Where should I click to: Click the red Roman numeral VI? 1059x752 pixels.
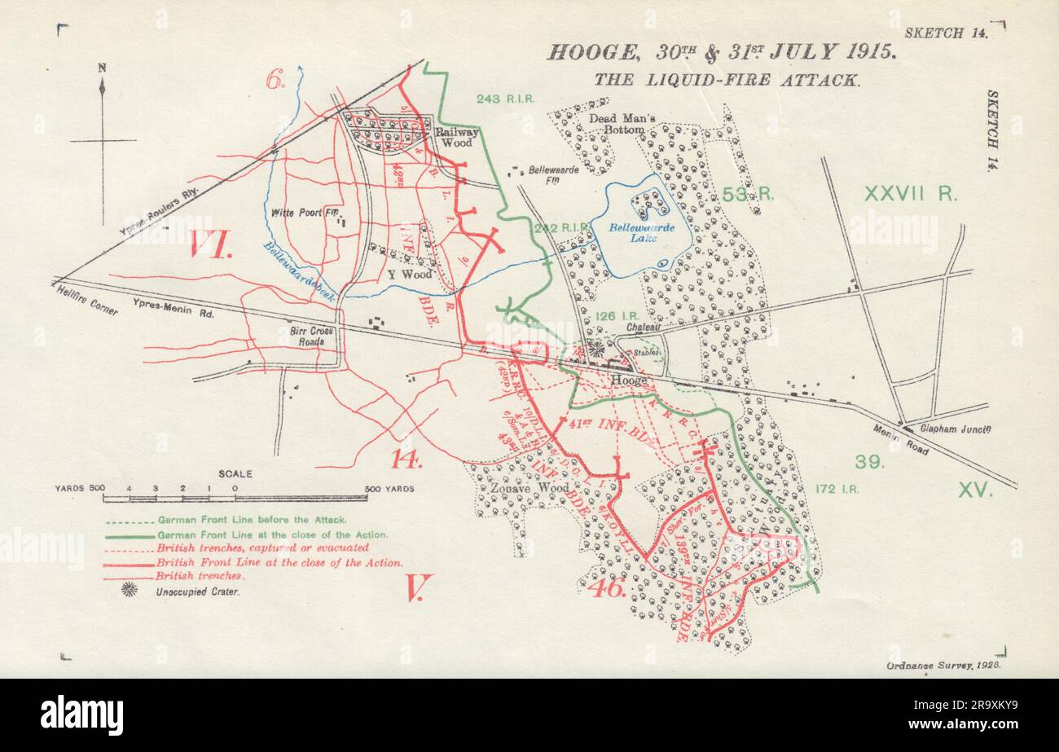(211, 244)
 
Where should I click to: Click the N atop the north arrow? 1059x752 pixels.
(102, 68)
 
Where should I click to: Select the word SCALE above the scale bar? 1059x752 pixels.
(235, 473)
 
